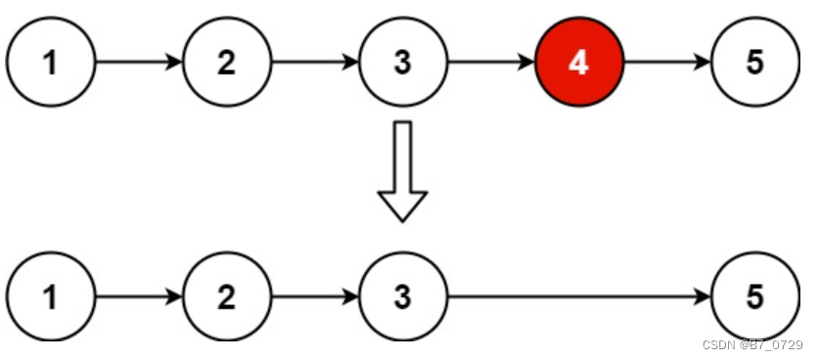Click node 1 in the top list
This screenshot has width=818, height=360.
pyautogui.click(x=51, y=63)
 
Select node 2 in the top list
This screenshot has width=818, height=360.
pyautogui.click(x=227, y=63)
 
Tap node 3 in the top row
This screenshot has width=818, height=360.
pyautogui.click(x=402, y=63)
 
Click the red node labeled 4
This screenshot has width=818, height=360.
pyautogui.click(x=578, y=63)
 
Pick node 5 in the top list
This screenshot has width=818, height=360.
pyautogui.click(x=754, y=63)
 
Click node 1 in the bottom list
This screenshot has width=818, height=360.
pyautogui.click(x=51, y=296)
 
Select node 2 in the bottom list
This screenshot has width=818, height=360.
pyautogui.click(x=227, y=296)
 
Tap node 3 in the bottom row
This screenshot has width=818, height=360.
pyautogui.click(x=402, y=296)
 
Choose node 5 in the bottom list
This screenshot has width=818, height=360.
pyautogui.click(x=754, y=296)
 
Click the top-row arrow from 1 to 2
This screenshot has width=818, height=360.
pyautogui.click(x=139, y=63)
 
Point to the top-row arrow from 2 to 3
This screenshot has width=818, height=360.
pyautogui.click(x=315, y=63)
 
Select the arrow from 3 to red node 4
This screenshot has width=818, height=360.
pyautogui.click(x=490, y=63)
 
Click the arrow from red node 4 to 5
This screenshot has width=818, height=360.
pyautogui.click(x=666, y=63)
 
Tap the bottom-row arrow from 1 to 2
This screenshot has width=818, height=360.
pyautogui.click(x=139, y=296)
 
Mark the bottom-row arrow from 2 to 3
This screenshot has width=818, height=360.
pyautogui.click(x=315, y=296)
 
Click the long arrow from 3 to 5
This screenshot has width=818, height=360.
pyautogui.click(x=577, y=296)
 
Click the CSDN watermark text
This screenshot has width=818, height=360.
pyautogui.click(x=752, y=345)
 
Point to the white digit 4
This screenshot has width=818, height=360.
pyautogui.click(x=578, y=63)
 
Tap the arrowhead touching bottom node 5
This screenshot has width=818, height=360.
pyautogui.click(x=703, y=296)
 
